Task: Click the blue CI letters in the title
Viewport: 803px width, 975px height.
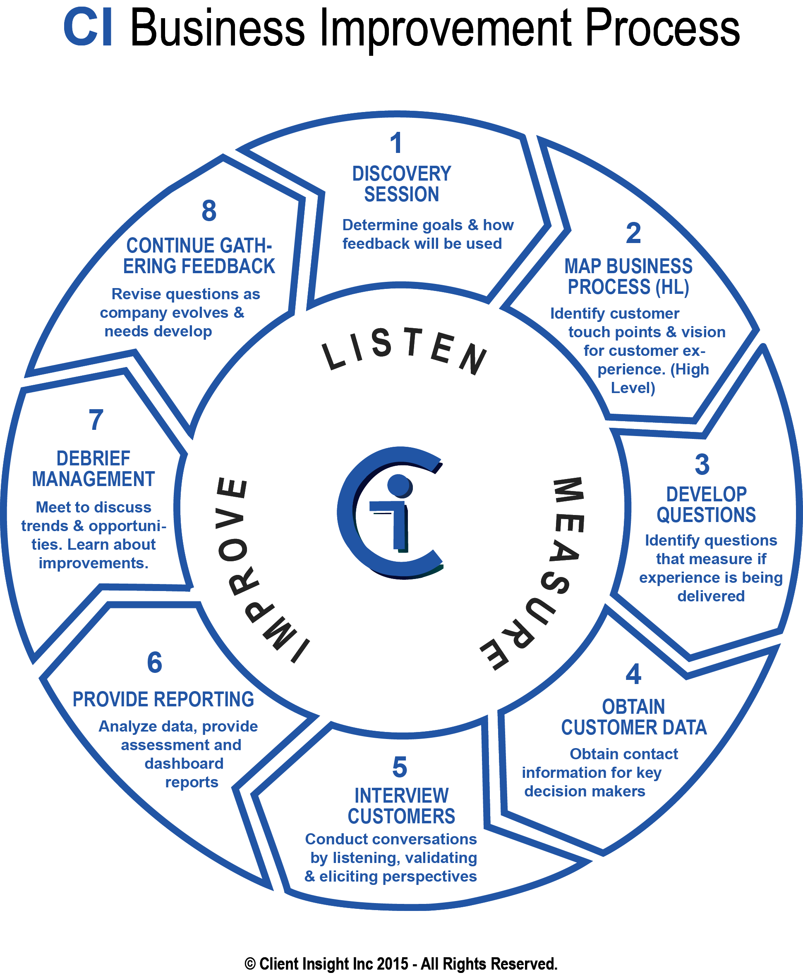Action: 88,28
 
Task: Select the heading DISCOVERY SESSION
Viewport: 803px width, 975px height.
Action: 401,184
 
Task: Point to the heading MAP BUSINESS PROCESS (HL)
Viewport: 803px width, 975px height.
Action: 628,277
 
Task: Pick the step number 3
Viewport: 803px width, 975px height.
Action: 702,465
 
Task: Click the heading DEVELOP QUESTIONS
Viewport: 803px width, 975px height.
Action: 706,505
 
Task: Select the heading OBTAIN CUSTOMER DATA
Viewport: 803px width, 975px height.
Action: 634,717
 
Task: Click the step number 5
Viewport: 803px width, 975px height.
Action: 400,768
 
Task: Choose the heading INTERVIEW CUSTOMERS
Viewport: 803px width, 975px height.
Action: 401,806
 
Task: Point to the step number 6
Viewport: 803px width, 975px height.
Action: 154,663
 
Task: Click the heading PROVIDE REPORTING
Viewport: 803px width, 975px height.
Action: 163,700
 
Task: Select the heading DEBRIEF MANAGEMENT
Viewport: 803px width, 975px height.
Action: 93,469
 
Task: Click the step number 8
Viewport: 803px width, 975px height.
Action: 209,211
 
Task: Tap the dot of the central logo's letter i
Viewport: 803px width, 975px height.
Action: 399,486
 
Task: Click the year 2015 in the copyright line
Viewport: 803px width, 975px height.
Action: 392,963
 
